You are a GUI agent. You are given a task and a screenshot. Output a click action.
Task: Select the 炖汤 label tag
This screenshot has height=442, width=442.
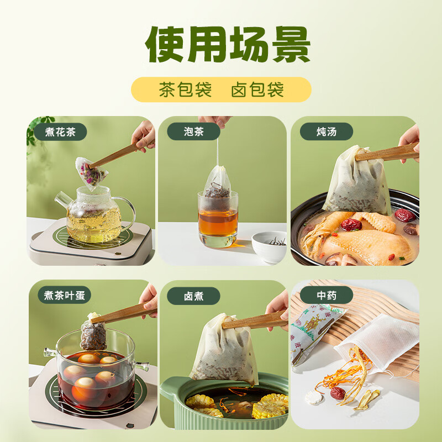tap(326, 132)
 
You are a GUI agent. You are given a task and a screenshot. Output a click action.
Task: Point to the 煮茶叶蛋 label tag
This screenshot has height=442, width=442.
tap(64, 295)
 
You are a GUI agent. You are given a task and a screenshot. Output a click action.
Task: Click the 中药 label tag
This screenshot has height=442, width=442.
tap(326, 296)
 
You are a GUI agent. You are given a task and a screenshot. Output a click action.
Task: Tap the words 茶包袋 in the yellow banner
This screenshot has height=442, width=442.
tap(185, 90)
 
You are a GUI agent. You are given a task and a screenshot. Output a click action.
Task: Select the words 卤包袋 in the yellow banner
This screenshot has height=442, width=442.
tap(257, 90)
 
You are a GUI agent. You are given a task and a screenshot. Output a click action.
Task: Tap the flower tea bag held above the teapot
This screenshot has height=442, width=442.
tap(91, 172)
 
